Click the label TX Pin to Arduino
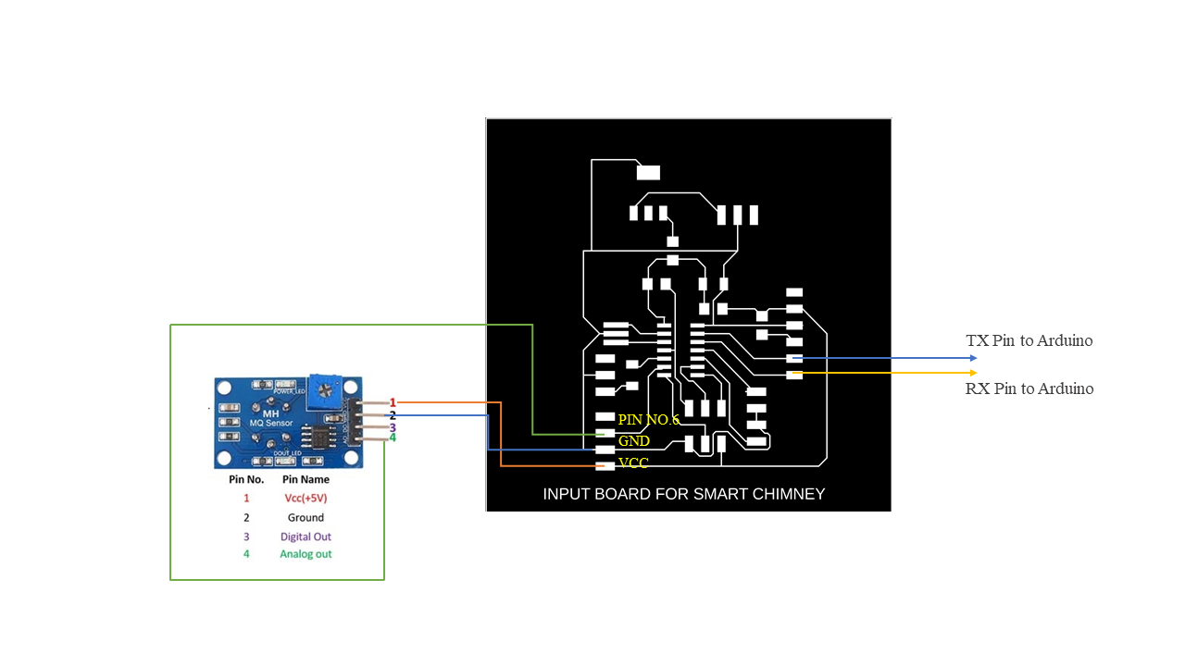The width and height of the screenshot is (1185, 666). tap(1029, 340)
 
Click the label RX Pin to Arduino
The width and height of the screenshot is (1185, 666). tap(1029, 388)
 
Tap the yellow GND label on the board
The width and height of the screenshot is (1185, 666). tap(634, 441)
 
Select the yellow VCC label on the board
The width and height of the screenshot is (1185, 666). tap(633, 462)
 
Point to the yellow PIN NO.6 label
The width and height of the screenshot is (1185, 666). tap(648, 420)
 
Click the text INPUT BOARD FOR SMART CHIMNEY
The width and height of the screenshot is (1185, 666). tap(683, 494)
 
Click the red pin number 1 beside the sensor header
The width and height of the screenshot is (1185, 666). tap(393, 402)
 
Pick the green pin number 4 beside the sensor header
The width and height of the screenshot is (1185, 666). tap(393, 438)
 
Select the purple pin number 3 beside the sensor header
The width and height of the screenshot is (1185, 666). tap(393, 427)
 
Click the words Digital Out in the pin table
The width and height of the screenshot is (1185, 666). tap(306, 536)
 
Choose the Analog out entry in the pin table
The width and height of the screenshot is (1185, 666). tap(306, 554)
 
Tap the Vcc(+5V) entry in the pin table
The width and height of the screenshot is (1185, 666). tap(306, 498)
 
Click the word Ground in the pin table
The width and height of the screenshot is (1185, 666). tap(306, 518)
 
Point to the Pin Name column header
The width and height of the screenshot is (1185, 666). tap(306, 480)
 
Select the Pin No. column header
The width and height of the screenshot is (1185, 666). tap(246, 480)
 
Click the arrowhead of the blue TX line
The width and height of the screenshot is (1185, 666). tap(973, 358)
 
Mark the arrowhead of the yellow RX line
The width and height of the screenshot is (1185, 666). tap(973, 373)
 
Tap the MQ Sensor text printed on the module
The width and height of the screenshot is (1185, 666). tap(271, 423)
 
